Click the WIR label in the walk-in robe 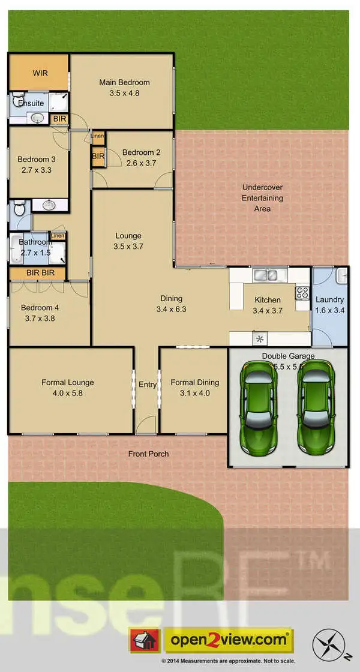click(40, 73)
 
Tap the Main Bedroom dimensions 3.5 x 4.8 click(124, 93)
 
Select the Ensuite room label click(31, 103)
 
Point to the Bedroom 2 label click(142, 152)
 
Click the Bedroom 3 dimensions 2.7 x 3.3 click(37, 170)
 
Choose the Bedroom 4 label click(40, 308)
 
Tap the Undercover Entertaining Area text click(262, 198)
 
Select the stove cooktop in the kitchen click(301, 293)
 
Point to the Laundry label click(329, 299)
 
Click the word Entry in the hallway click(147, 385)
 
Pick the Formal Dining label click(194, 382)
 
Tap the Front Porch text click(148, 454)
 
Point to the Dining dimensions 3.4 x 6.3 click(171, 310)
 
